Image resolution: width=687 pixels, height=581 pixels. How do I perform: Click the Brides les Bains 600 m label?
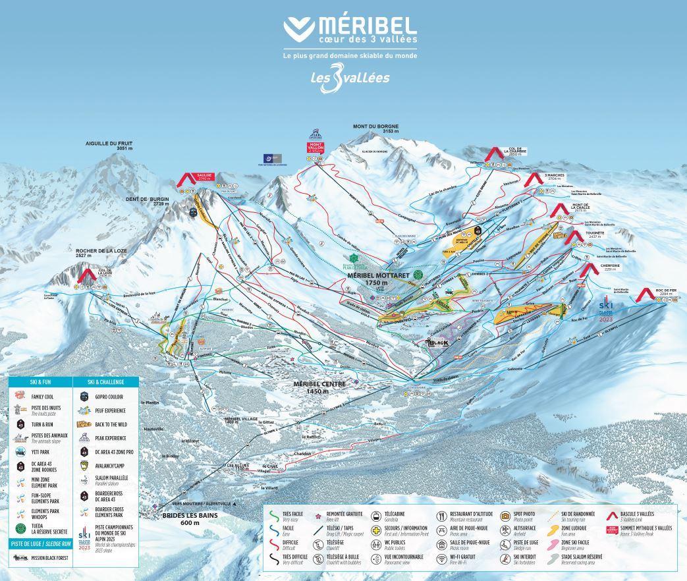pos(190,518)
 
